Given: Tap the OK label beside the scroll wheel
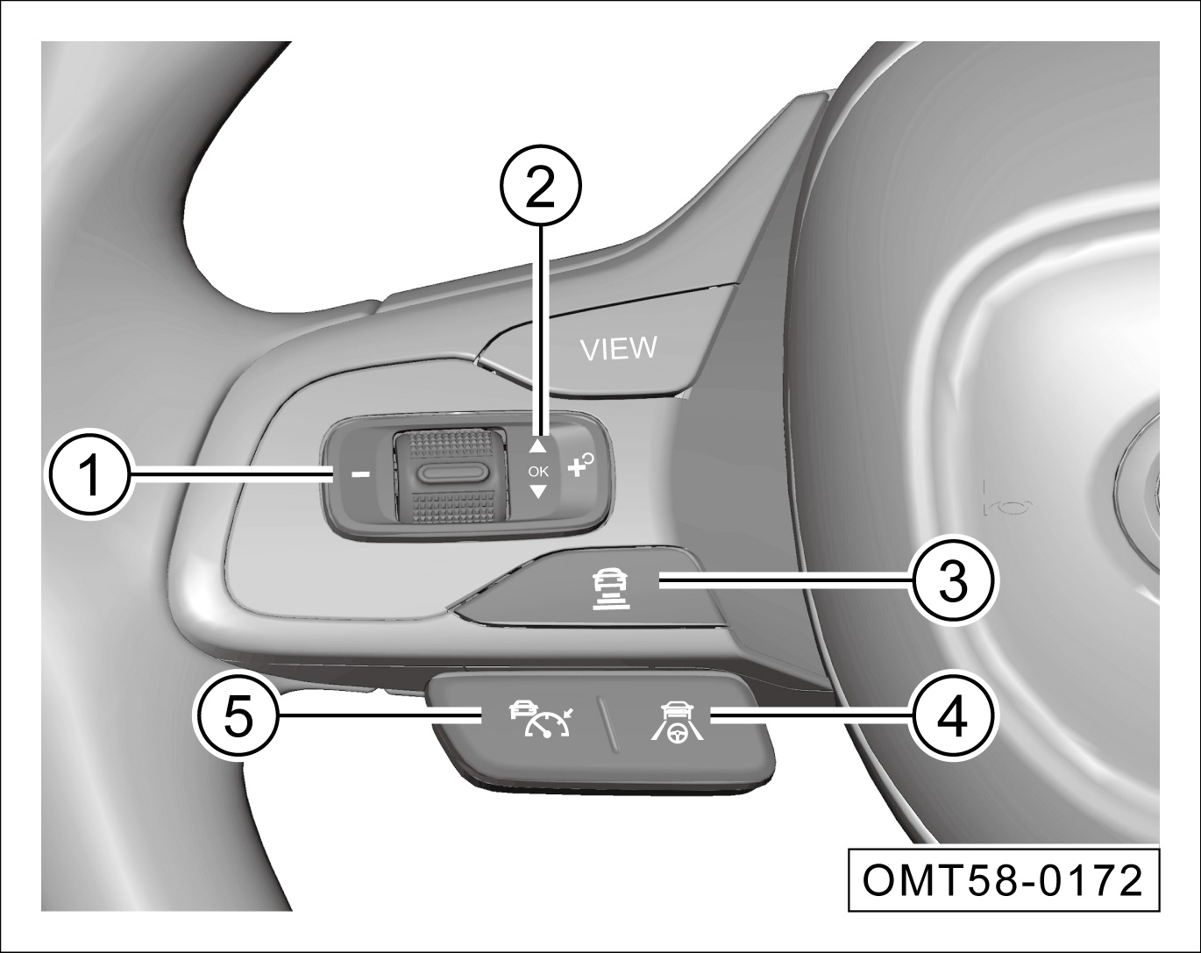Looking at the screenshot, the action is (x=538, y=472).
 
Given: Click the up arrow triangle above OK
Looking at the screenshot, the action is (x=537, y=445).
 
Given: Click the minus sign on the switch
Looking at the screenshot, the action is (x=360, y=474).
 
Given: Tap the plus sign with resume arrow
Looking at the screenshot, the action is (x=580, y=466).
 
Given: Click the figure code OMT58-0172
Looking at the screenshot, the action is (x=1003, y=881).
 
